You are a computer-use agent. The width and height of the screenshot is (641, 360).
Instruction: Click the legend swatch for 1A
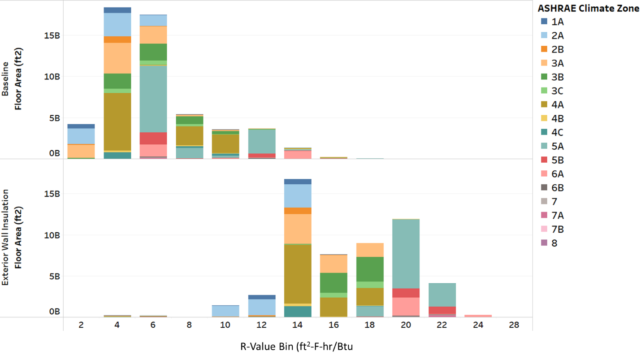pos(544,22)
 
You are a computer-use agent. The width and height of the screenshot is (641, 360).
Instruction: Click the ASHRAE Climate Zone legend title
pos(588,8)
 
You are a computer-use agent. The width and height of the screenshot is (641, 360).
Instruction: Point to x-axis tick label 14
pos(297,325)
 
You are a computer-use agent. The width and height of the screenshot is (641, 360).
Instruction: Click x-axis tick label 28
pos(514,325)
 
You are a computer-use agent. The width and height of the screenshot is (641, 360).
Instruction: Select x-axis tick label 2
pos(81,325)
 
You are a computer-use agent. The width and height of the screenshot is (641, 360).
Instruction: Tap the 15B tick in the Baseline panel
pos(52,35)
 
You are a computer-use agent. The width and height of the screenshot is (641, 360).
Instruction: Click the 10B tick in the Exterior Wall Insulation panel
pos(52,235)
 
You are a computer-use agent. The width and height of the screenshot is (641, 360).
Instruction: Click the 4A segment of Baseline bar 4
pos(117,121)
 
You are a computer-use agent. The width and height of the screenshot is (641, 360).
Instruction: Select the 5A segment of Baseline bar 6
pos(153,99)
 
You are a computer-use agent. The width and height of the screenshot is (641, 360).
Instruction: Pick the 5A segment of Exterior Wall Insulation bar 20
pos(406,254)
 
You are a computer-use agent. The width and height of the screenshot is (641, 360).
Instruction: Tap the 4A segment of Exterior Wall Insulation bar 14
pos(298,274)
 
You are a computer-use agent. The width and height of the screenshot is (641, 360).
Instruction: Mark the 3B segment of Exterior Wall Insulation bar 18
pos(370,269)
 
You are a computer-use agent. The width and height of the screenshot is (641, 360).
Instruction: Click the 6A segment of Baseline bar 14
pos(298,155)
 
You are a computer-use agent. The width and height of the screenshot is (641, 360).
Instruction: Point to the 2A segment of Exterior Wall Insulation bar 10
pos(225,311)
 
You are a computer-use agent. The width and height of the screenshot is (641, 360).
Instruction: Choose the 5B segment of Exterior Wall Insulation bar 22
pos(442,310)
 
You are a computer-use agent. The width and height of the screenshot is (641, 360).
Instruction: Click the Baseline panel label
pos(6,79)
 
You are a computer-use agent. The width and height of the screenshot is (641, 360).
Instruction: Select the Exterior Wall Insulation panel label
pos(6,237)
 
